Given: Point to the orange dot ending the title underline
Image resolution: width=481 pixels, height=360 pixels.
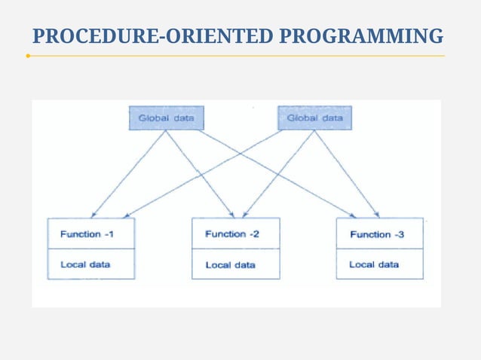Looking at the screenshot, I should pos(28,56).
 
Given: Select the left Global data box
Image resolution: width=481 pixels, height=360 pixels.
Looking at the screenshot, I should pos(165,118).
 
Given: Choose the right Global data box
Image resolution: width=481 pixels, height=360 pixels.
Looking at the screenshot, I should pos(314,117).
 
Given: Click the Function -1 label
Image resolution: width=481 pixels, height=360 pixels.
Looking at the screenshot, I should pos(87,234).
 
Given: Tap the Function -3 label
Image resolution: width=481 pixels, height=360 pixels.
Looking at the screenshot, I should pos(377,234).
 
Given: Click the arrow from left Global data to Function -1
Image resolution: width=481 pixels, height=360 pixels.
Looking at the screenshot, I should pos(128,173).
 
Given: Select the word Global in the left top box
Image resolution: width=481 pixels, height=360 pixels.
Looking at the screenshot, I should pos(154,118).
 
